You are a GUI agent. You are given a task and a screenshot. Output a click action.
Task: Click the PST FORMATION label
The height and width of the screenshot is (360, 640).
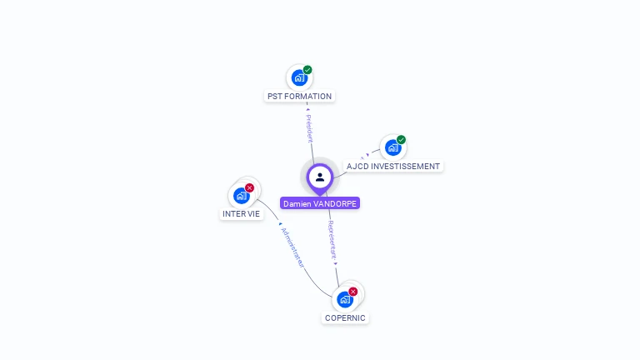(299, 96)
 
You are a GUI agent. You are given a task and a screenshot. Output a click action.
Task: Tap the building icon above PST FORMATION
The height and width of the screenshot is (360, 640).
(299, 78)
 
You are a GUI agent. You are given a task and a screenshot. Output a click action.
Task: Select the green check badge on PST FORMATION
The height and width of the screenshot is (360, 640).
(307, 70)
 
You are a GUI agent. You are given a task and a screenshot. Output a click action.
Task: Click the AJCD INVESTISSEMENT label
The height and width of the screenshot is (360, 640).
(393, 166)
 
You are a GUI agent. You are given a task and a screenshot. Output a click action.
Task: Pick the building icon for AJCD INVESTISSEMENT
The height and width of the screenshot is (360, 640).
(392, 148)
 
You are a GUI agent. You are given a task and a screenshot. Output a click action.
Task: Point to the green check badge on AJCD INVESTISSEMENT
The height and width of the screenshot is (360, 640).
(401, 140)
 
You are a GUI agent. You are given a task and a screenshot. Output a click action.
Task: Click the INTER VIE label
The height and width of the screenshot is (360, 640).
(241, 213)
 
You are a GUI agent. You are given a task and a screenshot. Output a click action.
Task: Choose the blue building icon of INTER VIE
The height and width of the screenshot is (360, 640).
(241, 196)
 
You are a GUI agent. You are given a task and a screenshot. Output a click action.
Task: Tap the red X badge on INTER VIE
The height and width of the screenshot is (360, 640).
(249, 187)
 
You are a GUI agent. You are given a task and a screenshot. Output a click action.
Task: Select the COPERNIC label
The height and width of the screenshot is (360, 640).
(345, 317)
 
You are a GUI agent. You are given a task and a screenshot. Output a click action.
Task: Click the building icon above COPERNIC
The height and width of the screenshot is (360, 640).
(345, 300)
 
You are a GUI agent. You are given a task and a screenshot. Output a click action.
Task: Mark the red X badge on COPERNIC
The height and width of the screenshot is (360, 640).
(353, 292)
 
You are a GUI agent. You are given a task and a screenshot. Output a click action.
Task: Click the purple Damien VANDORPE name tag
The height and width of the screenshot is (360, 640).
(320, 203)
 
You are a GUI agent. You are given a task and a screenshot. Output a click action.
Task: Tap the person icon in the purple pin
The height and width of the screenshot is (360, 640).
(320, 177)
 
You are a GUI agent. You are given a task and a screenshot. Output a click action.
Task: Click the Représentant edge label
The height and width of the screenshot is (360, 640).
(332, 239)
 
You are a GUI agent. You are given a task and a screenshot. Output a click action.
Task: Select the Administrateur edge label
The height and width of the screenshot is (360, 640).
(292, 247)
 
